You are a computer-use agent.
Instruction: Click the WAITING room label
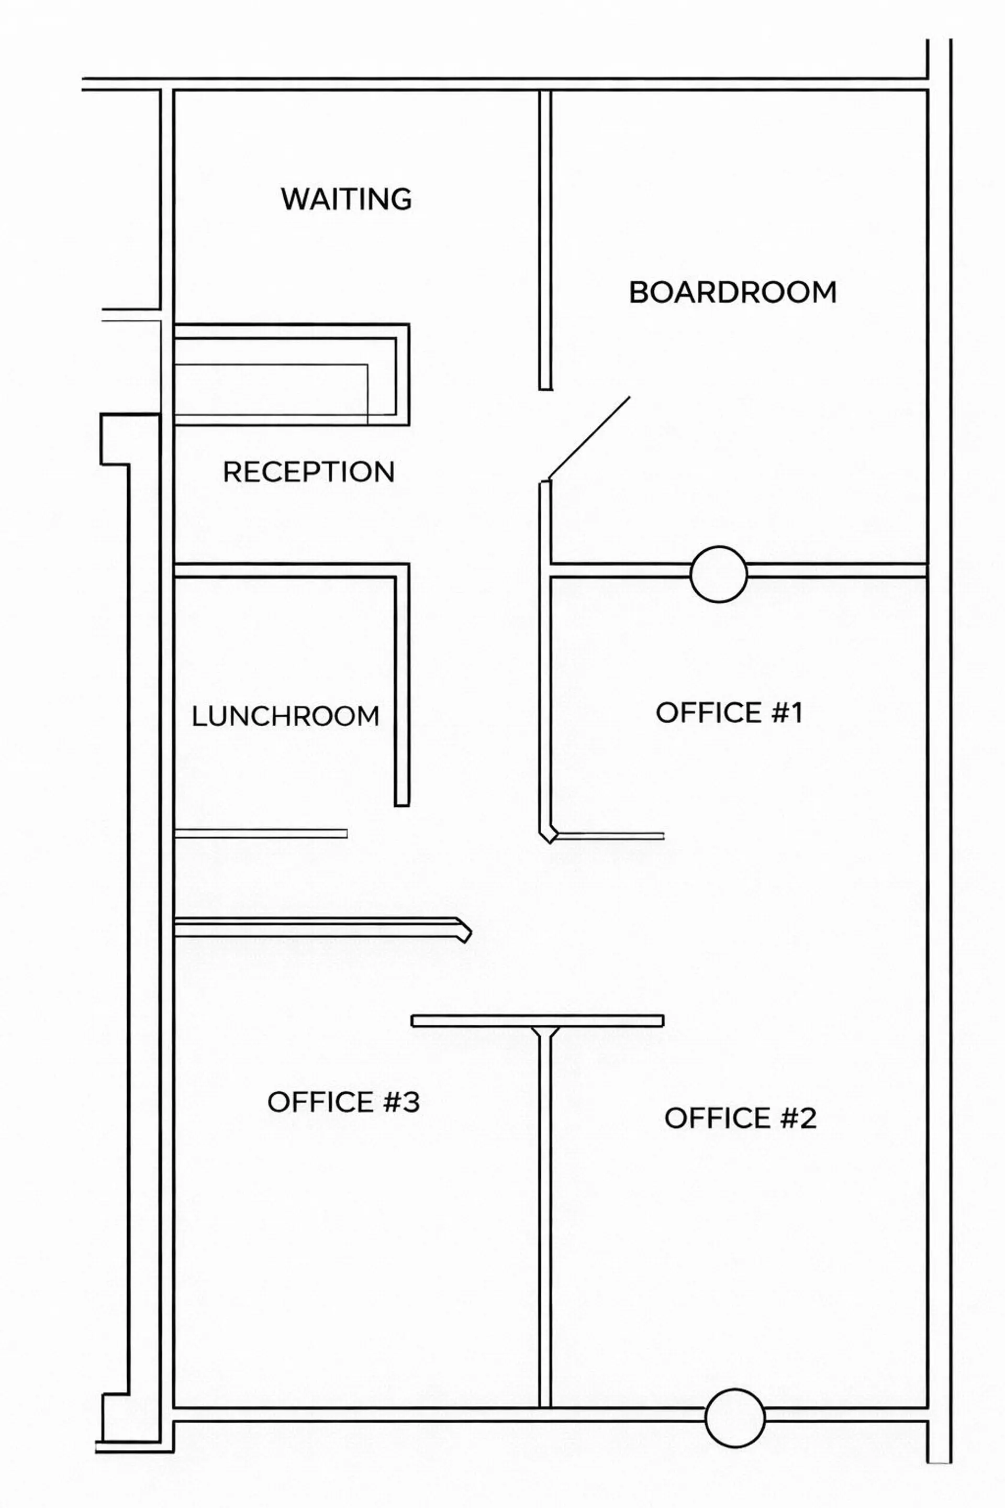pyautogui.click(x=346, y=199)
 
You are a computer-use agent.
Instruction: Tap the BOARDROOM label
pyautogui.click(x=733, y=292)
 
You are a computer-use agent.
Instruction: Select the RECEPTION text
pyautogui.click(x=308, y=472)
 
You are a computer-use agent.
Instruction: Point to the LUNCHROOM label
pyautogui.click(x=286, y=716)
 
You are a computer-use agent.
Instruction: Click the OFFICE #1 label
pyautogui.click(x=729, y=712)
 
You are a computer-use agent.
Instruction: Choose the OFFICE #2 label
pyautogui.click(x=740, y=1118)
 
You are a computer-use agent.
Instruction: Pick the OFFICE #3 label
pyautogui.click(x=343, y=1102)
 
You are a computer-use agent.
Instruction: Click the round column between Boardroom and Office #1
pyautogui.click(x=719, y=574)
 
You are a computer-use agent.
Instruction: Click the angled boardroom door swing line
pyautogui.click(x=589, y=437)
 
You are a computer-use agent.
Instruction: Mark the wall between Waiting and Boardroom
pyautogui.click(x=545, y=240)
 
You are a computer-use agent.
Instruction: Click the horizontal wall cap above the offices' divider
pyautogui.click(x=537, y=1021)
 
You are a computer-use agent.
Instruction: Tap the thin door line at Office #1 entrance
pyautogui.click(x=609, y=836)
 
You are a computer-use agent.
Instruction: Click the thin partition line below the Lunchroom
pyautogui.click(x=261, y=834)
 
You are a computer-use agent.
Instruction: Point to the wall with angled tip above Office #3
pyautogui.click(x=322, y=929)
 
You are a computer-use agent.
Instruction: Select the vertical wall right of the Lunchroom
pyautogui.click(x=402, y=685)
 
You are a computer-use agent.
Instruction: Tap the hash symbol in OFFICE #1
pyautogui.click(x=774, y=712)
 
